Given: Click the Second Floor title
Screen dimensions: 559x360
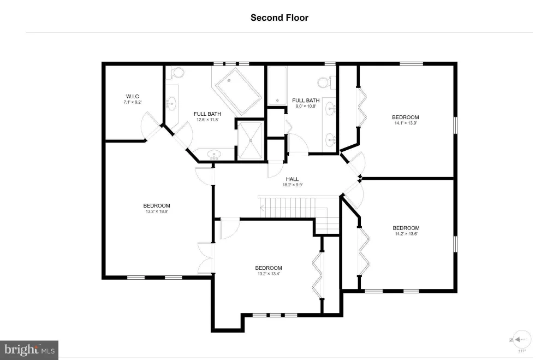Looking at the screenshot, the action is click(x=279, y=18).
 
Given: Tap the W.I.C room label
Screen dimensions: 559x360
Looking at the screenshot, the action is click(x=133, y=96).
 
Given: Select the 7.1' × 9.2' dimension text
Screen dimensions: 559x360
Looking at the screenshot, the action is click(x=133, y=102).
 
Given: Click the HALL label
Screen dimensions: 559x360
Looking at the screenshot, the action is click(x=293, y=179).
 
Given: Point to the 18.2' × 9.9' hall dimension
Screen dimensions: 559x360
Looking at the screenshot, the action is click(x=293, y=185).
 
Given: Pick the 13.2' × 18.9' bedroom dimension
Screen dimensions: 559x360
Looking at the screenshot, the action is click(x=157, y=211).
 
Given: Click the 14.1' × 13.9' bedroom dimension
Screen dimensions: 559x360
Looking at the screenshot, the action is click(x=406, y=123).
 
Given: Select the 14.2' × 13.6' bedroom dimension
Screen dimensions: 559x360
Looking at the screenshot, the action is click(x=406, y=234).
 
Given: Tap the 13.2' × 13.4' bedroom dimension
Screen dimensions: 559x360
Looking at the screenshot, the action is click(x=269, y=274).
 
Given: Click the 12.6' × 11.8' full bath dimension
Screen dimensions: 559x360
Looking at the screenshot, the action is click(x=207, y=120).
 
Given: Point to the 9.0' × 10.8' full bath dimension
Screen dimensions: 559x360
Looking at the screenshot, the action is click(x=306, y=106).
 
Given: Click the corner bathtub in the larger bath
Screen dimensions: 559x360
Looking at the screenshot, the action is click(x=237, y=91).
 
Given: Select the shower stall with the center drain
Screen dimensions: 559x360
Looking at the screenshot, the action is click(x=250, y=140).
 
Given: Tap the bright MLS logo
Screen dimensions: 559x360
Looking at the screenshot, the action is click(x=29, y=350).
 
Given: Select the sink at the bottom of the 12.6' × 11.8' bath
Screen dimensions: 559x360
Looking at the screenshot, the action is click(x=214, y=155).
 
